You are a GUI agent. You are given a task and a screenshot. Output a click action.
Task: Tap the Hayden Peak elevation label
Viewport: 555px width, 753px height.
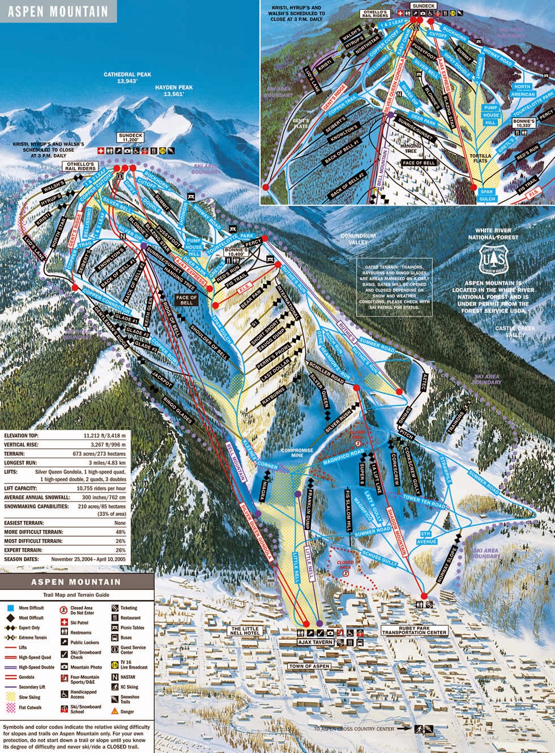[176, 95]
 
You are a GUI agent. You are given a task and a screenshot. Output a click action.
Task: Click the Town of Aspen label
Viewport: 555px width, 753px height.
[309, 666]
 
